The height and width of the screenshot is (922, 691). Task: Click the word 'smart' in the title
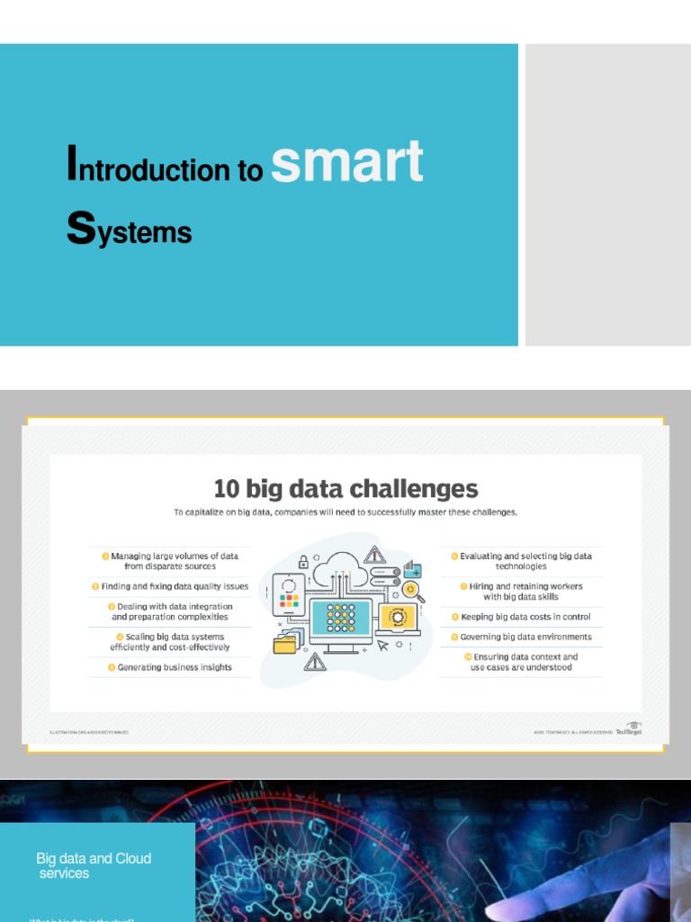346,162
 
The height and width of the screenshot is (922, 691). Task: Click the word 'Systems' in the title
129,231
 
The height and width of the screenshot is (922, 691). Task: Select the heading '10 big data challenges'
345,489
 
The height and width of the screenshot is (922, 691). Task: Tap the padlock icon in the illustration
303,562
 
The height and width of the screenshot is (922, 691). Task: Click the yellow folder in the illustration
287,642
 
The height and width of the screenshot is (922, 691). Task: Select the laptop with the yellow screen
398,619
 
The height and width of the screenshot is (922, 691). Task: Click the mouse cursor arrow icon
383,645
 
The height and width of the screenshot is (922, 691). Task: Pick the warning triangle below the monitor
315,663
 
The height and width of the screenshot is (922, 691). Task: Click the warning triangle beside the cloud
374,554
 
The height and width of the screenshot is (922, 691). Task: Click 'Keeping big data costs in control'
525,617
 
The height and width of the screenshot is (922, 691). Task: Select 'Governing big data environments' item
525,637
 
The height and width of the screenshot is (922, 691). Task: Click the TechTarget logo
629,730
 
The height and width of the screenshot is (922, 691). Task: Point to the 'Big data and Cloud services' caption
94,865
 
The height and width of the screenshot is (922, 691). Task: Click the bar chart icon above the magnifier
412,569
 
